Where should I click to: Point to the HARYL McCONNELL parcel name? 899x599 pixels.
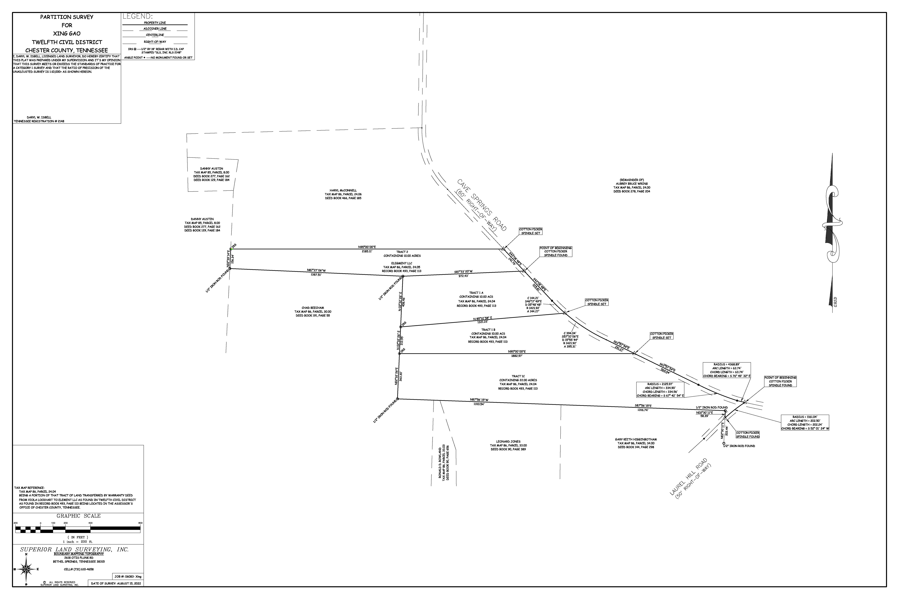(x=343, y=190)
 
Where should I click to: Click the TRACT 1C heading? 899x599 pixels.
(x=518, y=376)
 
